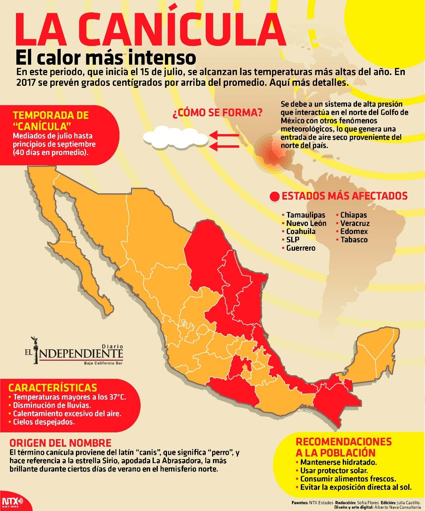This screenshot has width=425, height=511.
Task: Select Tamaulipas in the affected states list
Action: (306, 215)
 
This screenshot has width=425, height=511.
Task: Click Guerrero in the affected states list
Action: (301, 248)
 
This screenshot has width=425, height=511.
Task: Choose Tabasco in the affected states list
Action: (354, 240)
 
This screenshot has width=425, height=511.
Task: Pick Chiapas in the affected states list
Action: (354, 215)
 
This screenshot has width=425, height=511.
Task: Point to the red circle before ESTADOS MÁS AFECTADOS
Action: (275, 196)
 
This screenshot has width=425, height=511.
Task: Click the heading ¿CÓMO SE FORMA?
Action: (217, 113)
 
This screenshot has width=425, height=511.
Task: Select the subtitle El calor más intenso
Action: (106, 58)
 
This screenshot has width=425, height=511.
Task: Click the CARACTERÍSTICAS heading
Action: (53, 388)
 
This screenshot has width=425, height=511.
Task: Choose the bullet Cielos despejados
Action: (44, 422)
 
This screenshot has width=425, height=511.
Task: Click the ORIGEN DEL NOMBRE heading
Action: (60, 443)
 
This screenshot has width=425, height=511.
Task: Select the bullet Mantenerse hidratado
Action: (338, 462)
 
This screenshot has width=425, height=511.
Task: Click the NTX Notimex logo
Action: (12, 502)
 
